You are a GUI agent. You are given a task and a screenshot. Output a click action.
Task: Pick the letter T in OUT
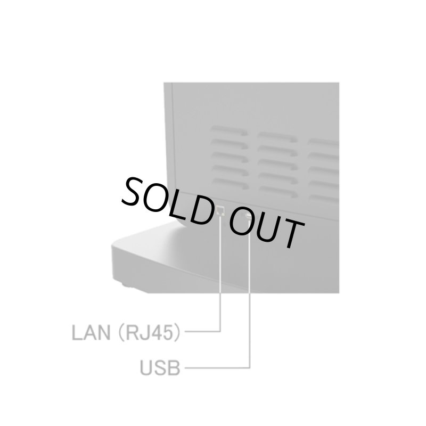(291, 233)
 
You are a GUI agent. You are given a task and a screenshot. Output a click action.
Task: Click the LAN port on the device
(220, 210)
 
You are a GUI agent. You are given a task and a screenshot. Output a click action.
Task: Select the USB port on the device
(248, 216)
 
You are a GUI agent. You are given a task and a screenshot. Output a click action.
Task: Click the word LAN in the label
(91, 332)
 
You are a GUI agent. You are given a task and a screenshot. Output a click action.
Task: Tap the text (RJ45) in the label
(149, 332)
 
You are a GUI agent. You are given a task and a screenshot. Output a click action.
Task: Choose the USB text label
(160, 368)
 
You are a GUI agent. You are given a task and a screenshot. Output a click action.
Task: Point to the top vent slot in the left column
(230, 130)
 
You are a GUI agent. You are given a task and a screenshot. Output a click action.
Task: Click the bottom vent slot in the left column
(231, 184)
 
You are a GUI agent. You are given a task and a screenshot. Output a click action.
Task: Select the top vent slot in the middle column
(277, 137)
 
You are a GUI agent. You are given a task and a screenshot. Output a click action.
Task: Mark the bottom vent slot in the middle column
(278, 192)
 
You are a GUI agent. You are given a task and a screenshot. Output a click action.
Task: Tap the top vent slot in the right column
(323, 142)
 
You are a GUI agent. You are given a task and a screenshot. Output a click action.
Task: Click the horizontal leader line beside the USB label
(217, 368)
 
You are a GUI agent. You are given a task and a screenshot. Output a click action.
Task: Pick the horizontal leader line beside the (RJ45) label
(203, 331)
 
